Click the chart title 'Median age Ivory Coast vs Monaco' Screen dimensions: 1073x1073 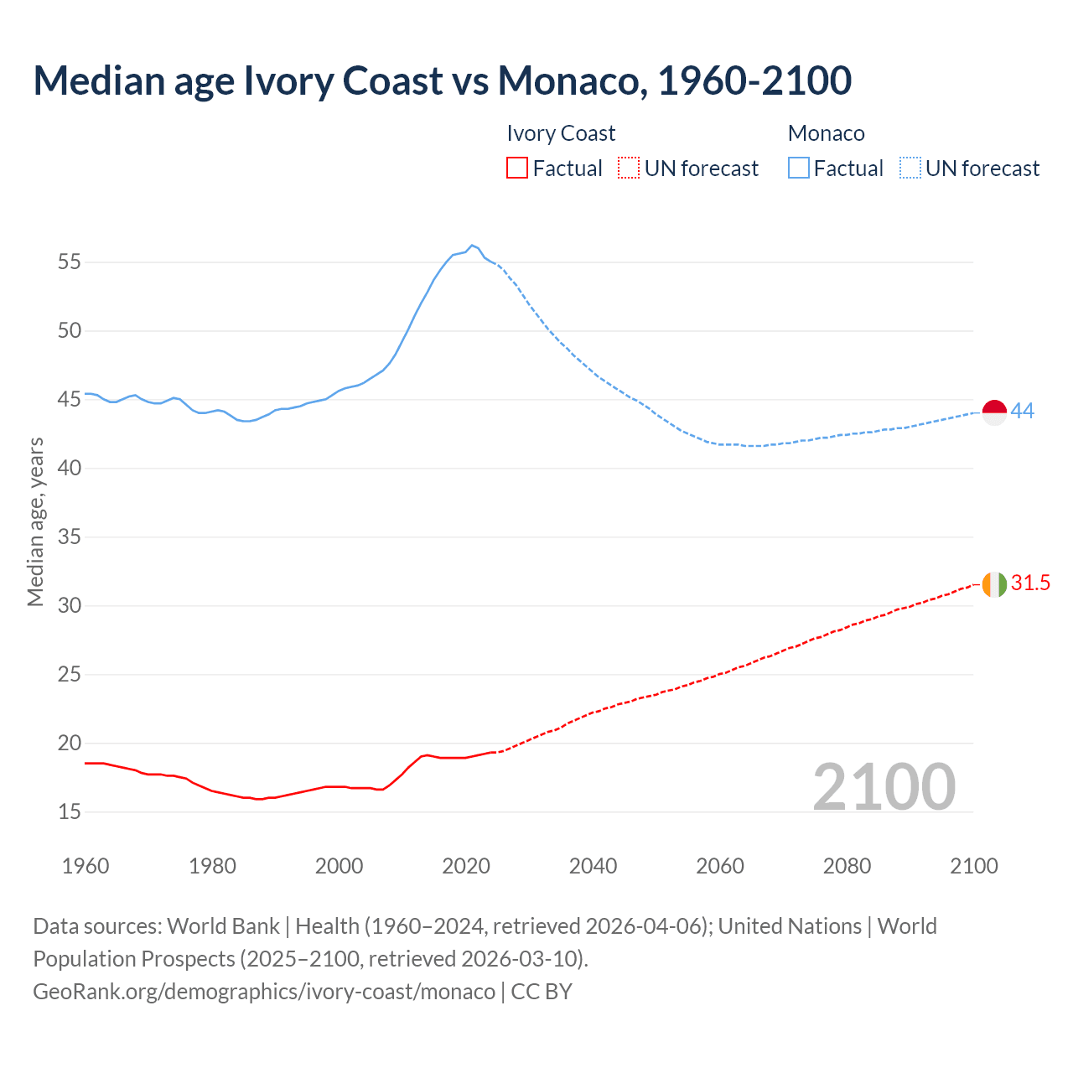point(442,80)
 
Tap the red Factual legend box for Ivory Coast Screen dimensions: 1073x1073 point(517,168)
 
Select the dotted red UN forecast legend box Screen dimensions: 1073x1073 point(628,168)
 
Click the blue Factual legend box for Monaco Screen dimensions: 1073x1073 point(799,168)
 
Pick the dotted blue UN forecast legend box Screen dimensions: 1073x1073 point(910,168)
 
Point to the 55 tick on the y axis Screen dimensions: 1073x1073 point(70,262)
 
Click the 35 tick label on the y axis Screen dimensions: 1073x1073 point(70,536)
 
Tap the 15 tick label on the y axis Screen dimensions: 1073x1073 point(70,811)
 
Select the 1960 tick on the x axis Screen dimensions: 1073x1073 point(86,866)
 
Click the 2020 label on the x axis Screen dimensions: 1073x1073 point(466,866)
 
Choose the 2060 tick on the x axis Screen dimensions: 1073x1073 point(720,866)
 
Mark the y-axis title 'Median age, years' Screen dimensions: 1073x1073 point(35,521)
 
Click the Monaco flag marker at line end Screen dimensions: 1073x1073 point(994,412)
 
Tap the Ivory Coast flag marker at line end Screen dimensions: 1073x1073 point(994,584)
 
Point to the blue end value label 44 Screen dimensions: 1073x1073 point(1023,411)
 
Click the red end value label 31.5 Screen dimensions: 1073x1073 point(1030,583)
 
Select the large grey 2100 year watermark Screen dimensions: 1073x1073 point(884,786)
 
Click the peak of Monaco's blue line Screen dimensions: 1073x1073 point(472,245)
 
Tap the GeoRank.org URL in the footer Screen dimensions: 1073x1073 point(264,992)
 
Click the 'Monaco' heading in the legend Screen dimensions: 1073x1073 point(826,133)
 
